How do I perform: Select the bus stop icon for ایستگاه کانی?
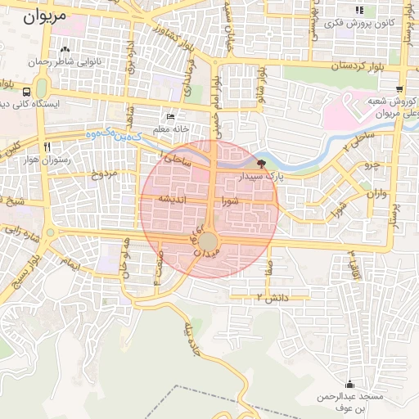pyautogui.click(x=27, y=92)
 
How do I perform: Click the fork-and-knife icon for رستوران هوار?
pyautogui.click(x=48, y=146)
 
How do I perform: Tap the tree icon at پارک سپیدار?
pyautogui.click(x=261, y=164)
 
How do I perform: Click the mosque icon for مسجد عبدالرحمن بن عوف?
pyautogui.click(x=350, y=385)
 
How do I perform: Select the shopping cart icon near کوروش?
pyautogui.click(x=399, y=90)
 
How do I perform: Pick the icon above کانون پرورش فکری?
pyautogui.click(x=358, y=11)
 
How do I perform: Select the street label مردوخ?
pyautogui.click(x=104, y=173)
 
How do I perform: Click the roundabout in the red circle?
pyautogui.click(x=209, y=241)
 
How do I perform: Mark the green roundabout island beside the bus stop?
pyautogui.click(x=41, y=88)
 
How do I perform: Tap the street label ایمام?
pyautogui.click(x=73, y=264)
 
